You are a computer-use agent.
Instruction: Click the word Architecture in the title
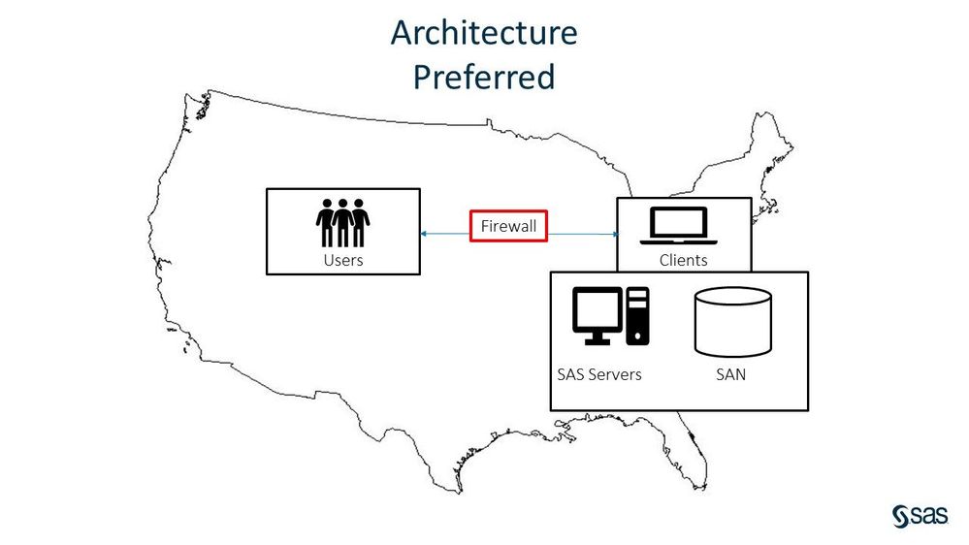coord(484,33)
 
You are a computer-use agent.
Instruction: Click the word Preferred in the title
coord(484,77)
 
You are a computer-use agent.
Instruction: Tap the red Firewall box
coord(508,226)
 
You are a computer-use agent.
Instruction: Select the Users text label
coord(343,260)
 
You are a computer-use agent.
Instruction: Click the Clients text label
coord(683,260)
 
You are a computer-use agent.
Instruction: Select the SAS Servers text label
coord(598,374)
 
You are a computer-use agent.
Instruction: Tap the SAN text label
coord(730,374)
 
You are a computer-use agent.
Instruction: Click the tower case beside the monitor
coord(638,315)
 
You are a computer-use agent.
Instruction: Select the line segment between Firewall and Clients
coord(582,234)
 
